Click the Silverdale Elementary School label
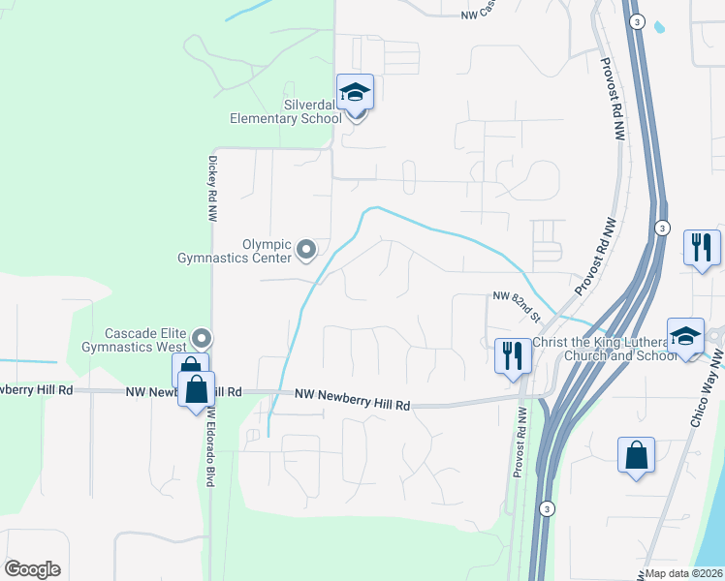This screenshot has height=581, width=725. point(285,110)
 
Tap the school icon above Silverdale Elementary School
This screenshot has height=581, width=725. point(356,93)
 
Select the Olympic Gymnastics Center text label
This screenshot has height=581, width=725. point(235,251)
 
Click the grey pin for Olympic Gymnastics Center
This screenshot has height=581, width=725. point(307,251)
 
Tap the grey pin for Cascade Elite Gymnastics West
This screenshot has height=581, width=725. point(202,338)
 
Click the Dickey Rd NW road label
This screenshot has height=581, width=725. point(210,189)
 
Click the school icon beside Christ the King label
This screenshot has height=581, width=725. point(684,337)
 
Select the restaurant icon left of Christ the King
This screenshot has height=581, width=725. point(513,354)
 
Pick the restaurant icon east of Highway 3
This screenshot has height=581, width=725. point(701,247)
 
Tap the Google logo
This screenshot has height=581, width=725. point(32,569)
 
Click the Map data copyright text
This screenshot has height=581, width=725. point(684,573)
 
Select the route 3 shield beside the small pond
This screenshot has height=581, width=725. point(636,21)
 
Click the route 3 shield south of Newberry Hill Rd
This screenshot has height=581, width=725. point(548,508)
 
